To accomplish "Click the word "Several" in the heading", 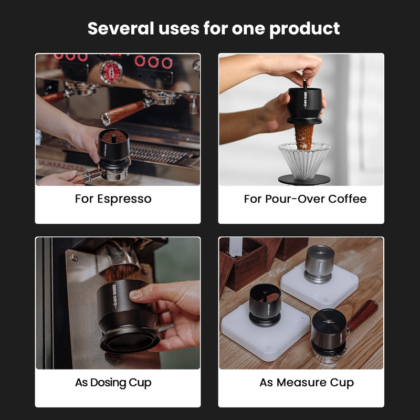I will point(119,28).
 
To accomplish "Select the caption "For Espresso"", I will point(113,199).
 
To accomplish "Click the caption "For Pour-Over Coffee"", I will point(305,199).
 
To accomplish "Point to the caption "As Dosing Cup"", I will point(113,382).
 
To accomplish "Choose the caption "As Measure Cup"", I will point(307,382).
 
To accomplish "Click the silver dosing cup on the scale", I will point(319,263).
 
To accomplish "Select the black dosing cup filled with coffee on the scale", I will point(265,304).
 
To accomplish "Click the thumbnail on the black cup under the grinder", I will point(136,295).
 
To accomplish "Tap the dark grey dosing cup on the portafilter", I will point(329,334).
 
